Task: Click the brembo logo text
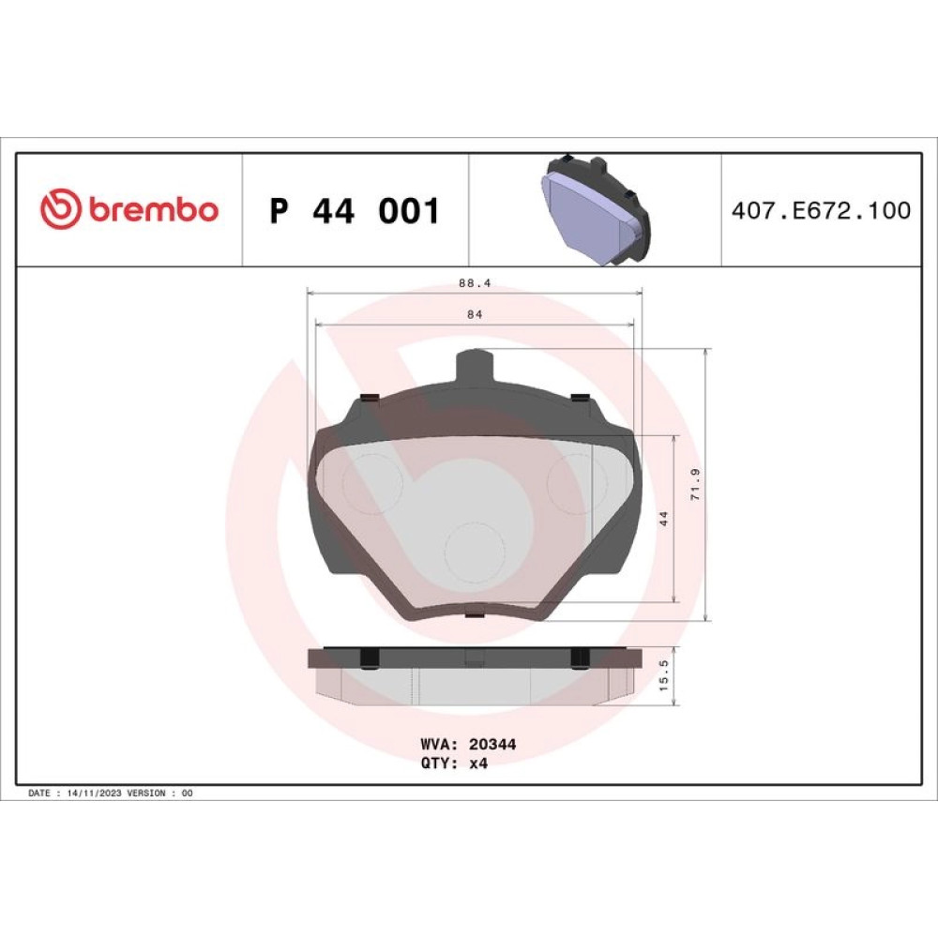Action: click(x=155, y=210)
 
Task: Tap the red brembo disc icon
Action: click(x=60, y=209)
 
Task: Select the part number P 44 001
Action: click(x=355, y=210)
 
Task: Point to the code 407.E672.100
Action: click(x=821, y=210)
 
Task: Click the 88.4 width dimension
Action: click(x=475, y=283)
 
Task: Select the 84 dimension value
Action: click(x=475, y=314)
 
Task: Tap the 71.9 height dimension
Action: click(x=695, y=485)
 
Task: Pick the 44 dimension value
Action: click(x=663, y=519)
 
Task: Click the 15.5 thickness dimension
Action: click(x=663, y=675)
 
